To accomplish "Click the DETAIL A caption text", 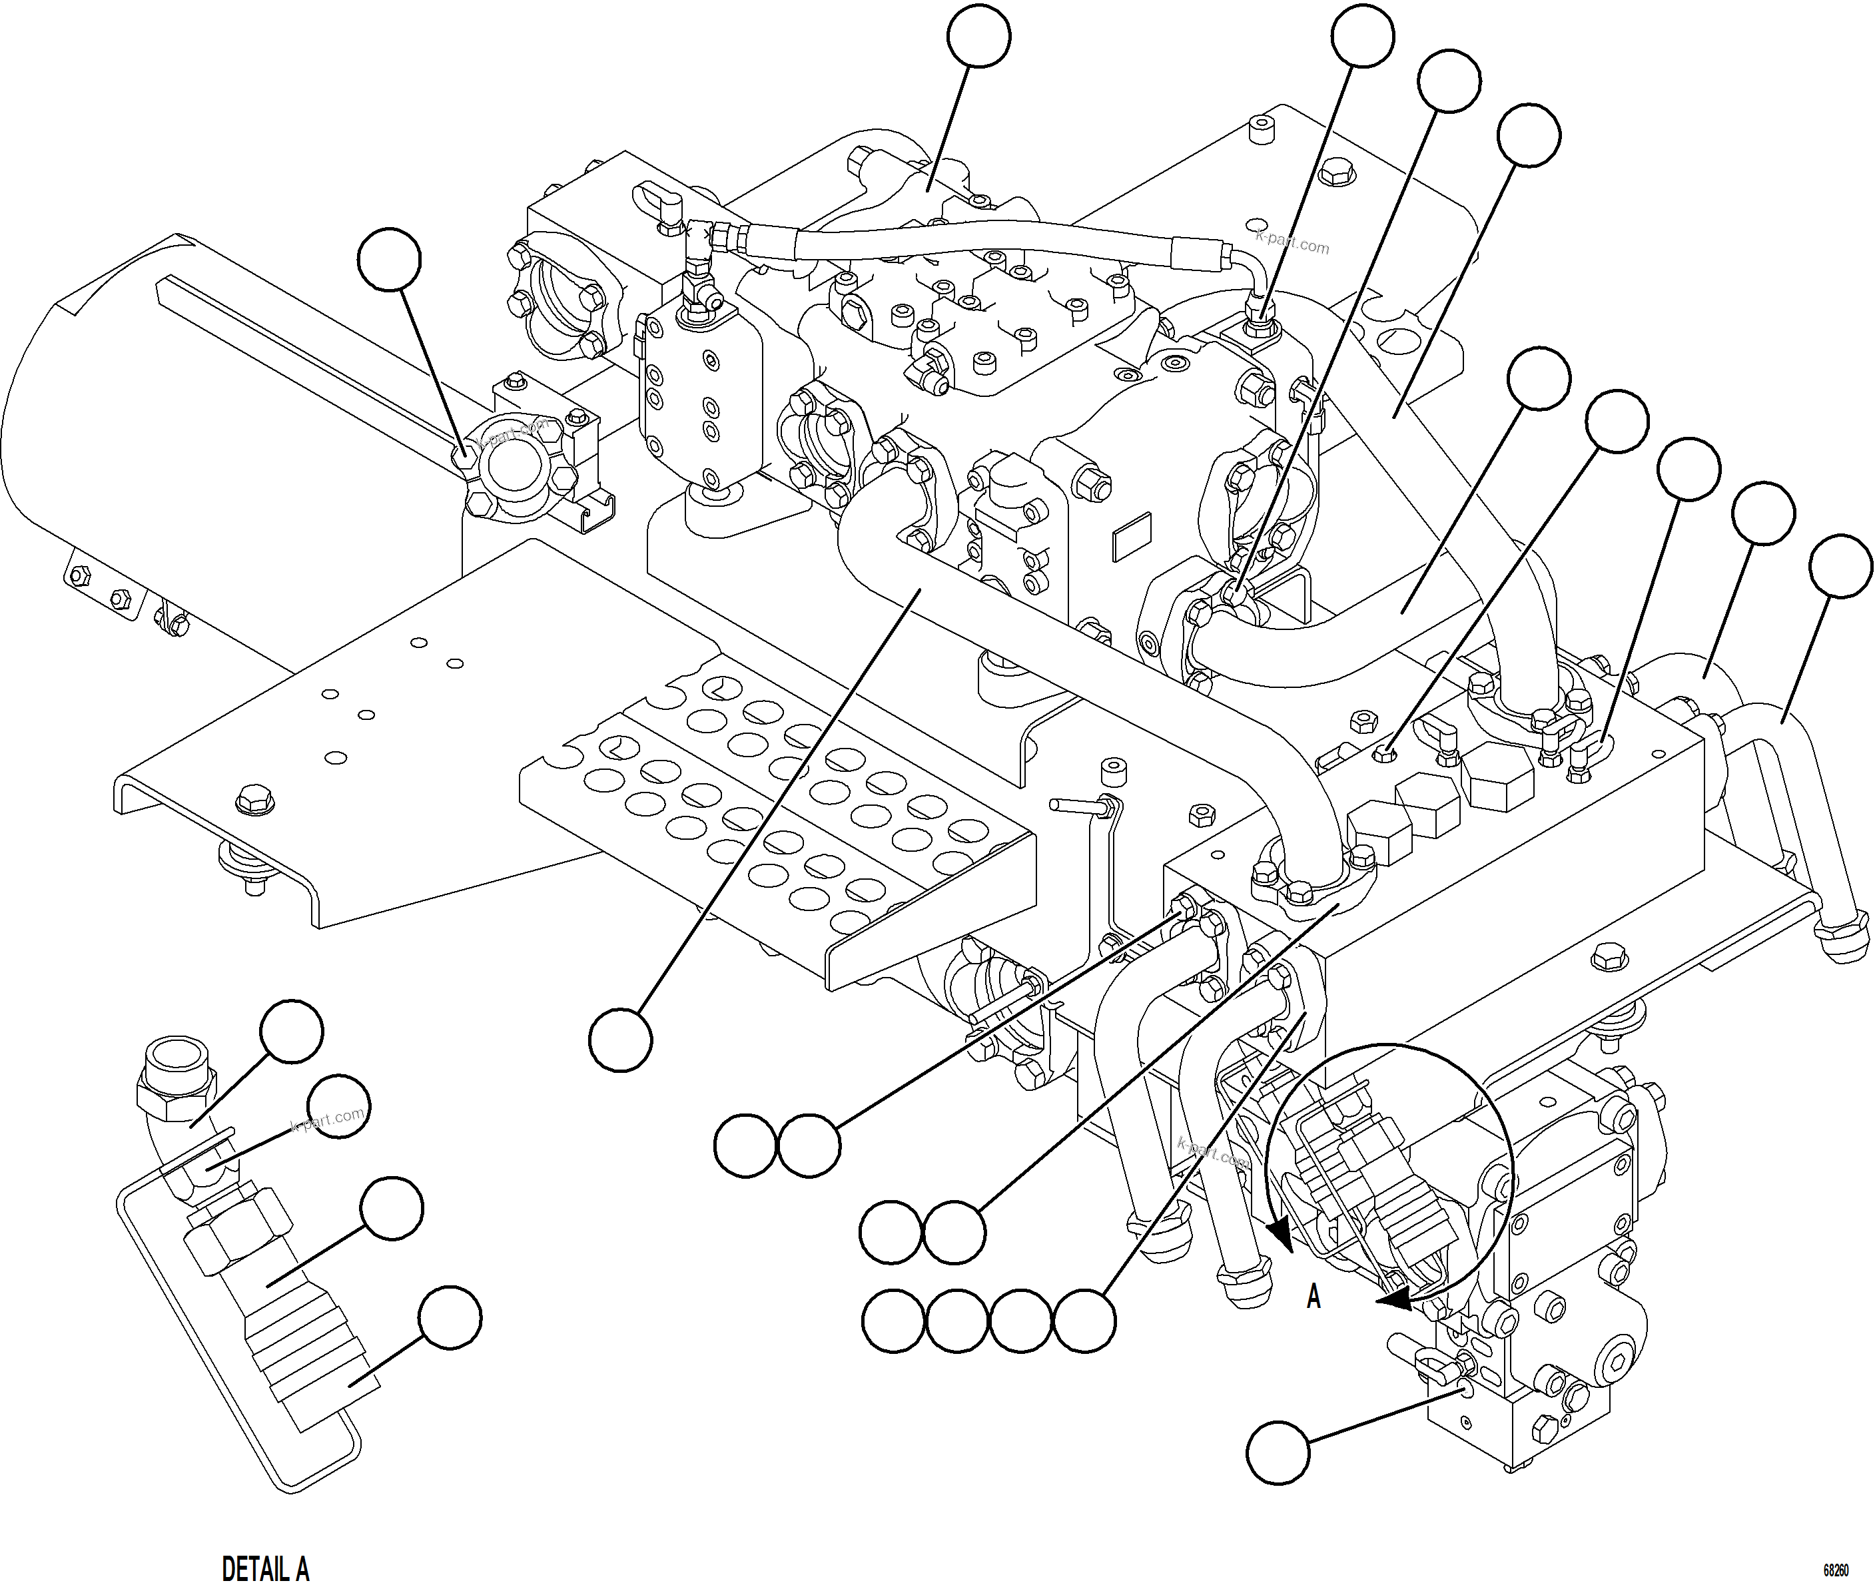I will pos(265,1568).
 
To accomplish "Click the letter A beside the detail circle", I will pos(1313,1297).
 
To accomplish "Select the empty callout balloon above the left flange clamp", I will pos(389,260).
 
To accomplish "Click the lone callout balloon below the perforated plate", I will pos(620,1040).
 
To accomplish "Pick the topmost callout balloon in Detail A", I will pos(291,1032).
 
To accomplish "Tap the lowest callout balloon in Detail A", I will pos(450,1318).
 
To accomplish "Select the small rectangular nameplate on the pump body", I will pos(1132,536).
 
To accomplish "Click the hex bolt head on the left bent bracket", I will pos(248,798).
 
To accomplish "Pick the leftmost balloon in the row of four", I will pos(893,1321).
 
